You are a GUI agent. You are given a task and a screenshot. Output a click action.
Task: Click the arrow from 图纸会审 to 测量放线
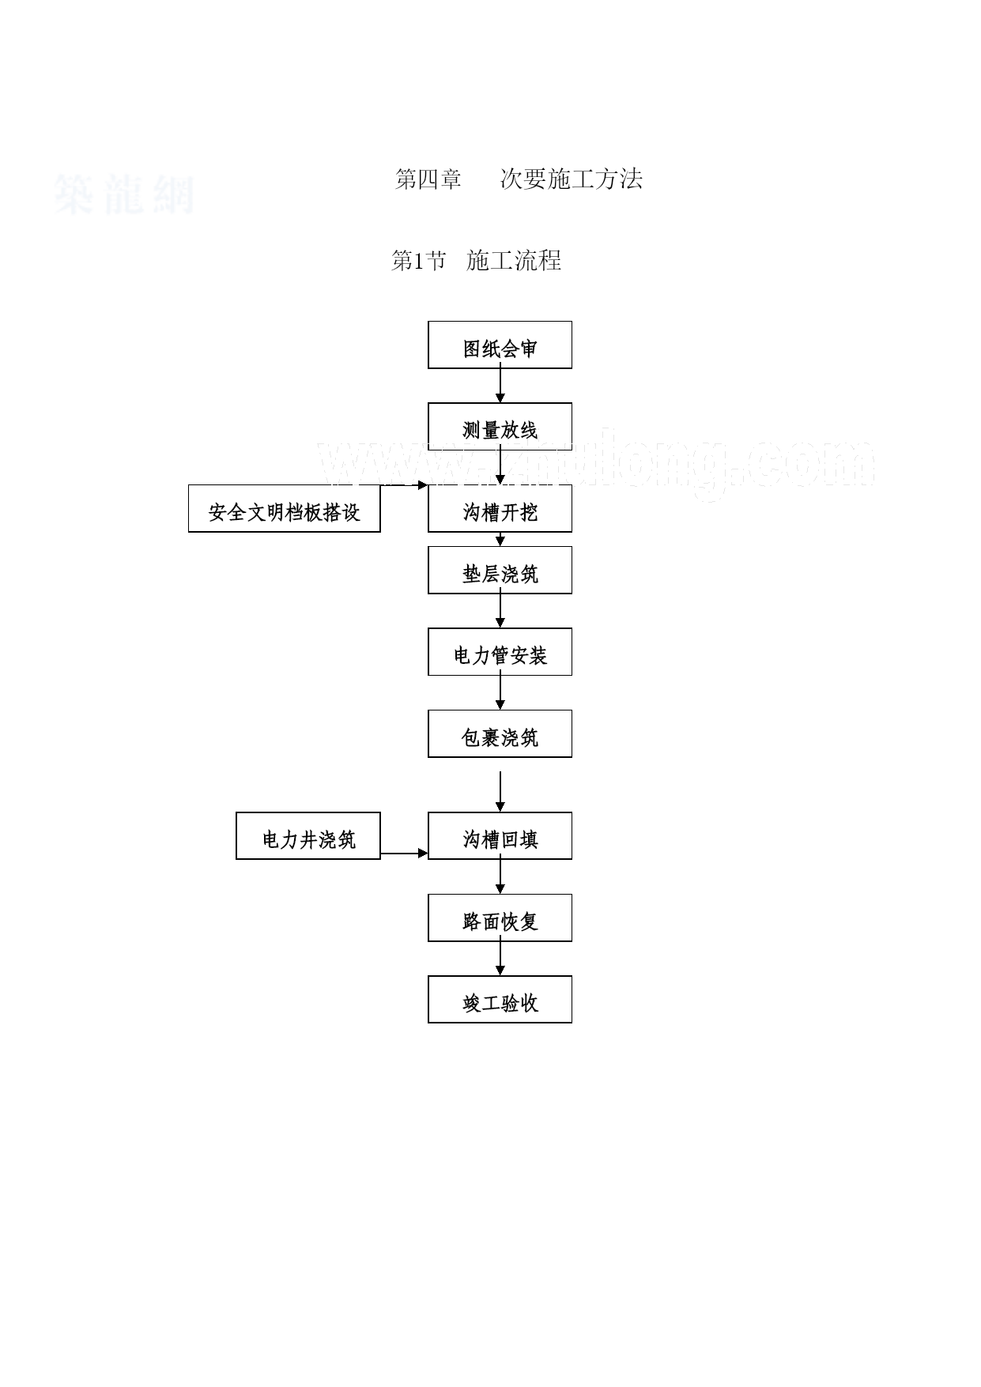500,386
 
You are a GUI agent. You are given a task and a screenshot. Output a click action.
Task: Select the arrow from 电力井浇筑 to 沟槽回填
404,854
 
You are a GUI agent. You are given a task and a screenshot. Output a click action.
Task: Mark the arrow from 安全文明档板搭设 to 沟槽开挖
404,485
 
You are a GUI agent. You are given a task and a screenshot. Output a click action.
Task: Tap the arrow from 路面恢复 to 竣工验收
500,959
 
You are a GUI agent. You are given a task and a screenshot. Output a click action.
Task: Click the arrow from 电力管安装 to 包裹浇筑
500,692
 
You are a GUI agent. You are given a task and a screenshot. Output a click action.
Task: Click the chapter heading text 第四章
428,179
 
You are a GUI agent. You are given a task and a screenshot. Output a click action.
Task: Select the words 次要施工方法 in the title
571,179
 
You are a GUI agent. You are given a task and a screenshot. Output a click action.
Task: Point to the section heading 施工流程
514,260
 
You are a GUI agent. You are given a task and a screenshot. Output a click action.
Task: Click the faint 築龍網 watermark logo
124,194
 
